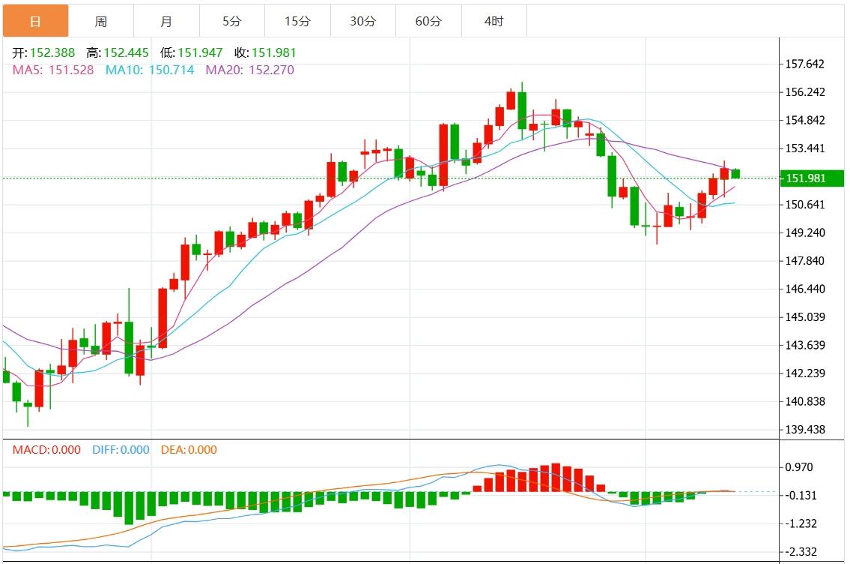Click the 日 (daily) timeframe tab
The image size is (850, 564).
[35, 22]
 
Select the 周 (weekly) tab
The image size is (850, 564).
[100, 22]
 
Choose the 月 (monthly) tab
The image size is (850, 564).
[166, 22]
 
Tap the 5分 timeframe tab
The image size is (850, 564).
[231, 22]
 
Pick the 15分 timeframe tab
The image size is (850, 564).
[297, 22]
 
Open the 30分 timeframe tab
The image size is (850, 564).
[362, 22]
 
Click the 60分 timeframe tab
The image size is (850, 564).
[428, 22]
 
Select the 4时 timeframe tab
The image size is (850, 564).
[494, 22]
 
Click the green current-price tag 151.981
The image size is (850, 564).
[812, 178]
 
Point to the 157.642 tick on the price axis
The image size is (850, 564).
[806, 64]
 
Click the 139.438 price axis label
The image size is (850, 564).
[806, 430]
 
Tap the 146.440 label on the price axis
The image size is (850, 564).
[806, 289]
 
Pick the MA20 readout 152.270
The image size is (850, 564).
[265, 70]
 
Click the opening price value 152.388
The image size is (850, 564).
[53, 53]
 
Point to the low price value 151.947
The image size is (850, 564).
[200, 53]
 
